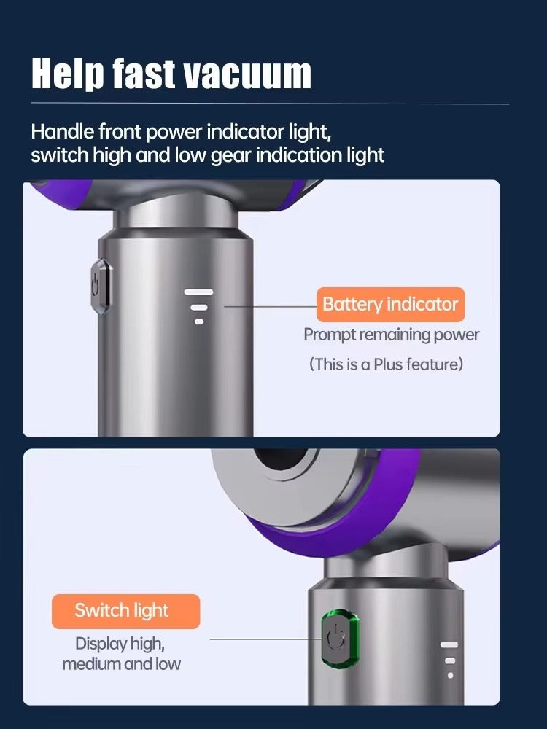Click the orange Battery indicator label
[x=390, y=304]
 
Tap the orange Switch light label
[x=125, y=611]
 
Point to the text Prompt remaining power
[x=391, y=335]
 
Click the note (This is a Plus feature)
[x=386, y=364]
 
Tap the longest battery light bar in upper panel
[x=198, y=292]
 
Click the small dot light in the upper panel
[x=198, y=321]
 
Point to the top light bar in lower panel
[x=450, y=644]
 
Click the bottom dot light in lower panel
[x=450, y=675]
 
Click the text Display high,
[x=120, y=644]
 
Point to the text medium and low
[x=121, y=664]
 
